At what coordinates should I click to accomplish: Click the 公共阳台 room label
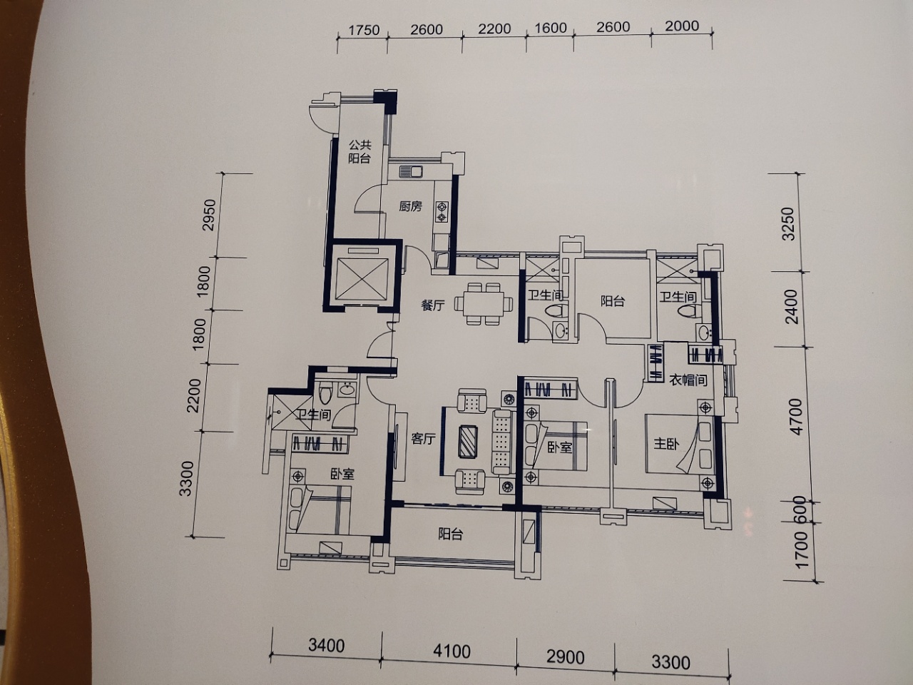(359, 151)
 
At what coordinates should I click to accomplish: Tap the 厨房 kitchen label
(411, 206)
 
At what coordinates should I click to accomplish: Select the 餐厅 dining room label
(433, 305)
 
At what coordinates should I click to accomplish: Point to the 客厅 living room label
(424, 438)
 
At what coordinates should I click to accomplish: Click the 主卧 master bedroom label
(666, 444)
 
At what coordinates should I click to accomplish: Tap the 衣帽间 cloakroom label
(688, 380)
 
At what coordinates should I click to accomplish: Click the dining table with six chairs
(484, 304)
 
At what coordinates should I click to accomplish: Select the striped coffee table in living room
(469, 442)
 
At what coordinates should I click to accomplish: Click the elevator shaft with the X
(362, 278)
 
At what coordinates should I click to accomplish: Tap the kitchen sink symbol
(411, 171)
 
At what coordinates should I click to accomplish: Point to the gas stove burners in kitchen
(442, 212)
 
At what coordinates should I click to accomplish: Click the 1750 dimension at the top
(364, 30)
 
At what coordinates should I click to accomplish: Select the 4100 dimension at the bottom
(452, 651)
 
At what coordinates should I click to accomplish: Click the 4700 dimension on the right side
(796, 417)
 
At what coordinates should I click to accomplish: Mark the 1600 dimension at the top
(551, 28)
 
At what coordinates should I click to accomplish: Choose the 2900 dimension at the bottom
(566, 658)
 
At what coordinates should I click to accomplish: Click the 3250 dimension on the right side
(788, 224)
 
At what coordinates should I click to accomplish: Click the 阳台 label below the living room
(450, 534)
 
